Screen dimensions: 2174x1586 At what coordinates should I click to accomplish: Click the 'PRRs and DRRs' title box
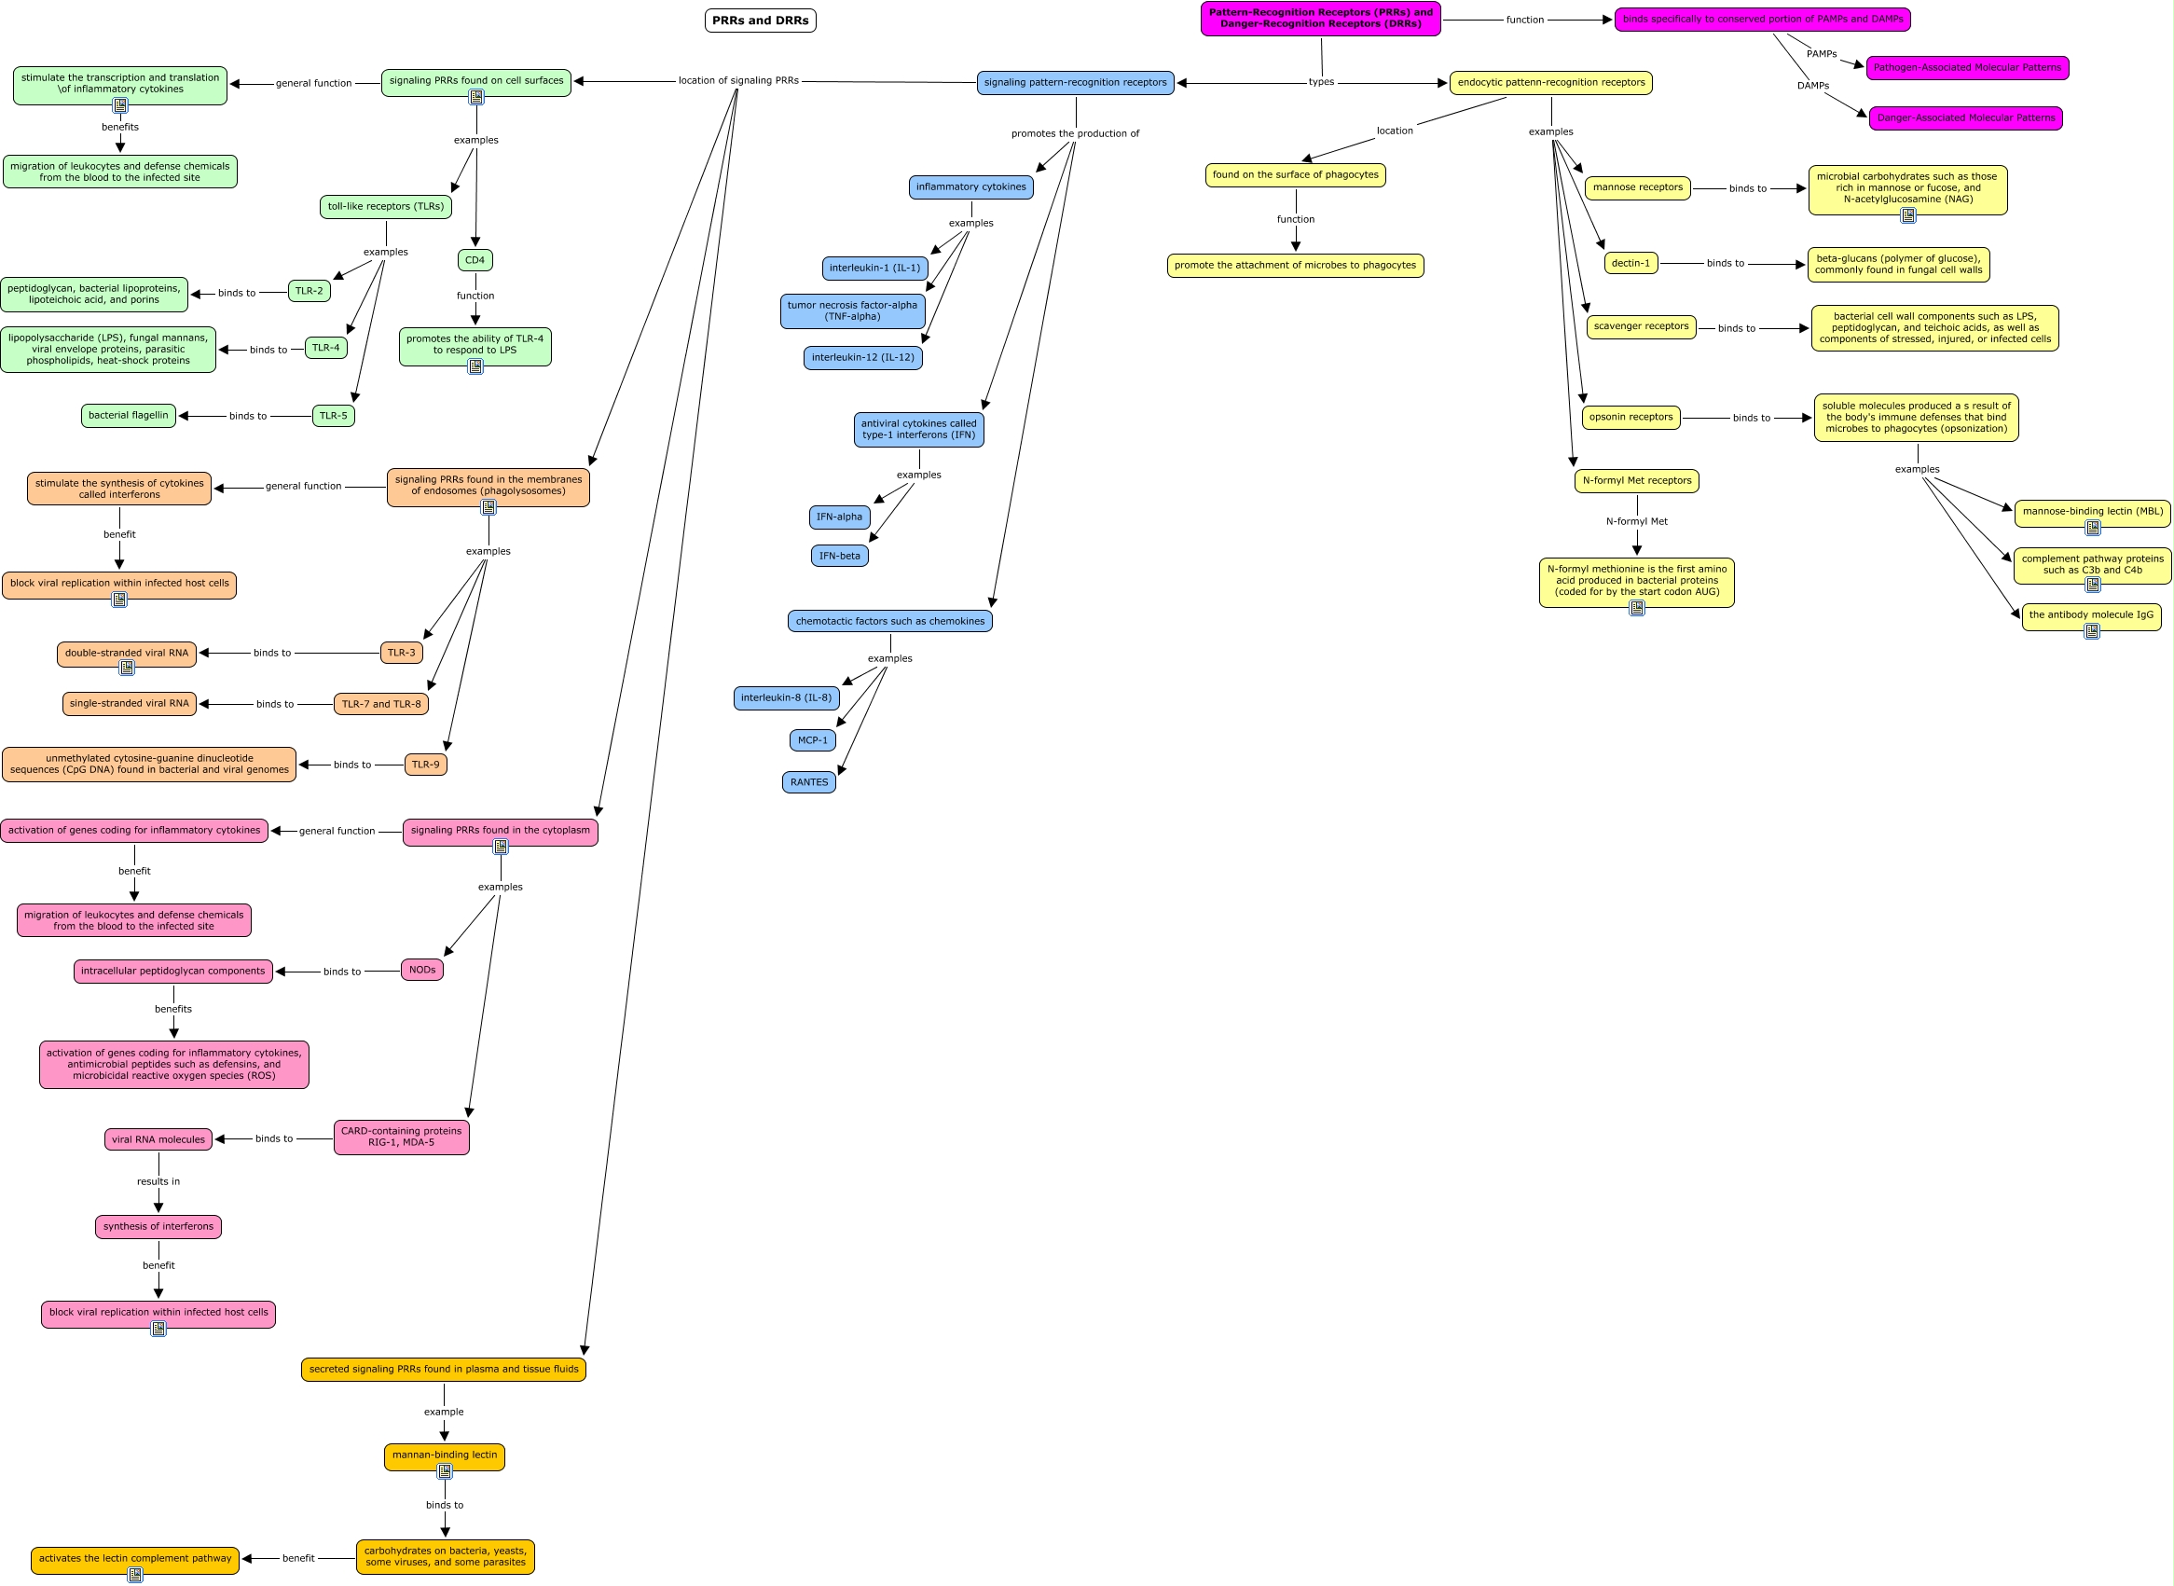click(760, 21)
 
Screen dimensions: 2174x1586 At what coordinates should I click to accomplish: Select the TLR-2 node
click(310, 291)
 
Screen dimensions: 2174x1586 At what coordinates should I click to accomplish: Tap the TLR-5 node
click(333, 416)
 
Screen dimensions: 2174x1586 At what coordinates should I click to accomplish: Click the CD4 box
click(475, 260)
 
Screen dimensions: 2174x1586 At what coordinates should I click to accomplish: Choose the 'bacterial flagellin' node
click(129, 416)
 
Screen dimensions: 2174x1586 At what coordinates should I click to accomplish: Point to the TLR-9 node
click(425, 765)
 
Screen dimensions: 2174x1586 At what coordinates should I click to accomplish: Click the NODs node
click(422, 970)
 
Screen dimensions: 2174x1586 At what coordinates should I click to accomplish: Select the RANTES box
click(809, 782)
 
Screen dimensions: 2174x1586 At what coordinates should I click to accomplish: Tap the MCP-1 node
click(813, 740)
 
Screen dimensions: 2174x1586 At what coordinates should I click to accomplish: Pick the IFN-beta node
click(840, 556)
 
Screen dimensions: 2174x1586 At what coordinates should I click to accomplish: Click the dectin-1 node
click(1630, 263)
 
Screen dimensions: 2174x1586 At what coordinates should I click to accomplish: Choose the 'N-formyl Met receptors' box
click(1636, 481)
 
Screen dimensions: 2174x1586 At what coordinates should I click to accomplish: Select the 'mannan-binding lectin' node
click(445, 1456)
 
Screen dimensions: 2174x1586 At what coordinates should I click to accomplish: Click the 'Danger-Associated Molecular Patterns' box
click(1966, 118)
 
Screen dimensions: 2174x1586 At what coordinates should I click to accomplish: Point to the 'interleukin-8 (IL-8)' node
click(786, 698)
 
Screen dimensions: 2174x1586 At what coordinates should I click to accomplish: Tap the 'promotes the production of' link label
click(1075, 133)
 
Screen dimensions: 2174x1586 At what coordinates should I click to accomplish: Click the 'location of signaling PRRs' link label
click(738, 80)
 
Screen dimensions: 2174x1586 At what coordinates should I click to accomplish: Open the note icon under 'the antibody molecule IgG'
click(2091, 630)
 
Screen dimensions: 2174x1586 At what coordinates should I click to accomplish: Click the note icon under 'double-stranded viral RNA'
click(127, 668)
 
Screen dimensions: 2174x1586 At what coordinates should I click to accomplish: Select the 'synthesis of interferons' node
click(158, 1227)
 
